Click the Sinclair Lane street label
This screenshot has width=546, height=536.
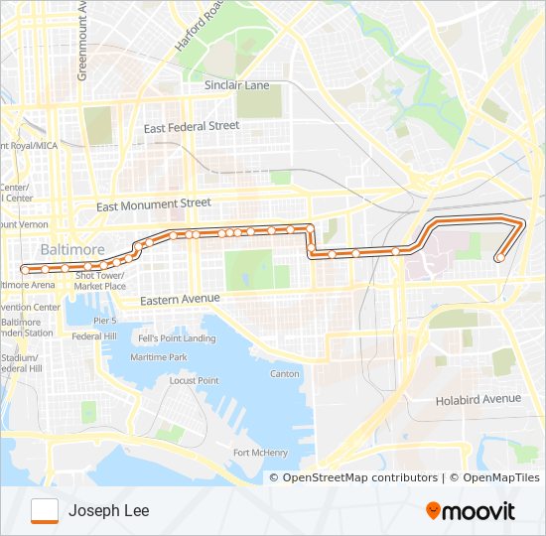point(236,85)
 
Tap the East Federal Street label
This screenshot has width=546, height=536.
point(192,127)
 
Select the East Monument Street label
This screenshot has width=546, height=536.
point(154,203)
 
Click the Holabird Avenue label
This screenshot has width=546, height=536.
point(478,399)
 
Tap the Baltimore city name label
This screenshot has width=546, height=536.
point(72,248)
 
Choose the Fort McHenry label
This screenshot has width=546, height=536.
point(260,453)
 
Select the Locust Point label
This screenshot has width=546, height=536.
point(194,380)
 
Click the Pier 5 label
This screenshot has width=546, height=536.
point(105,321)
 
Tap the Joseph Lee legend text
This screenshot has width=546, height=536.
point(109,511)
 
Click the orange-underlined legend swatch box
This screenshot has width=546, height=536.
point(45,510)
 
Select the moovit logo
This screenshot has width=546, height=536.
point(471,511)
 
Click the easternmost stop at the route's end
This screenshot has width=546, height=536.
point(498,259)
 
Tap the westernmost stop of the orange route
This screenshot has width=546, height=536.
point(26,268)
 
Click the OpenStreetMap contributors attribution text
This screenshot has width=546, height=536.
point(359,477)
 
